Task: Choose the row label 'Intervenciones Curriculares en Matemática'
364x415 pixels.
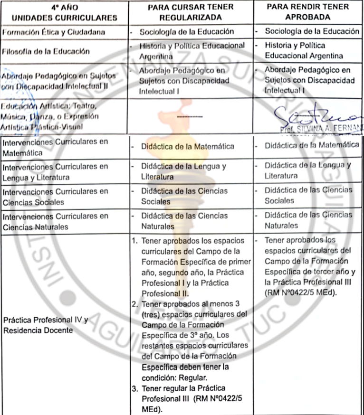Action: [x=54, y=147]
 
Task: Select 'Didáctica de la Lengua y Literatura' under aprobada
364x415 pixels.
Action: [x=307, y=170]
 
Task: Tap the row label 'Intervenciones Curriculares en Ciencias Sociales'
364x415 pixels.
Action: [x=54, y=197]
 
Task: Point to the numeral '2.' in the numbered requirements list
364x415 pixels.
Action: [x=134, y=304]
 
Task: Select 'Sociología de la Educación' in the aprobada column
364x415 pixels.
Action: [x=312, y=31]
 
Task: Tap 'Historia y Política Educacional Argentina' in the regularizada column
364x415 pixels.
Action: [x=192, y=50]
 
